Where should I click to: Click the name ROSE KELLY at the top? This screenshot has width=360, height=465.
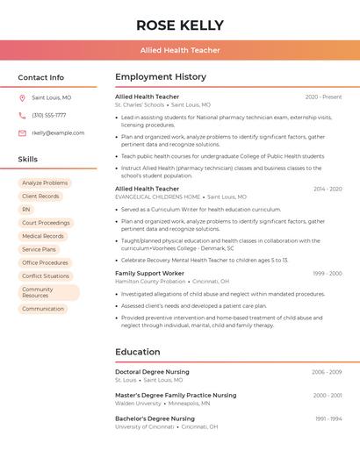click(180, 25)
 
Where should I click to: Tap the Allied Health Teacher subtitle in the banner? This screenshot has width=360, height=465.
click(180, 50)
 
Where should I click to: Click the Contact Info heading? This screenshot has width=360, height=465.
click(41, 77)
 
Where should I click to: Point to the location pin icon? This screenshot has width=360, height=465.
click(22, 98)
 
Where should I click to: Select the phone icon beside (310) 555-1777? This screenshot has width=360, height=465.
click(22, 116)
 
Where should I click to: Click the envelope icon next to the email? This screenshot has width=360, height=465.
click(22, 133)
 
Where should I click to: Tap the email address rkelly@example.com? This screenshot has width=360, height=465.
click(58, 133)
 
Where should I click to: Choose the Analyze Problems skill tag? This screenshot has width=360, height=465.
click(45, 183)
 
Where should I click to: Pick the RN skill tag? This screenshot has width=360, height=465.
click(26, 210)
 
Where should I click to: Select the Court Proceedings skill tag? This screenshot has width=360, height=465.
click(46, 223)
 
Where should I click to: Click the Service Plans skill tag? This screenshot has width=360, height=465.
click(39, 249)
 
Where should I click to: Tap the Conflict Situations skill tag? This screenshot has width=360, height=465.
click(46, 275)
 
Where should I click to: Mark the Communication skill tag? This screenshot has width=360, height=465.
click(43, 309)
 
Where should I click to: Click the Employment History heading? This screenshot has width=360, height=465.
click(161, 77)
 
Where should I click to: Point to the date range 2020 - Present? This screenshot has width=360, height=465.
click(323, 97)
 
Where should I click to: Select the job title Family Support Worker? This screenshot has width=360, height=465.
click(149, 274)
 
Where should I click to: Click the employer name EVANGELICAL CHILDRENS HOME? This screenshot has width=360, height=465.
click(157, 197)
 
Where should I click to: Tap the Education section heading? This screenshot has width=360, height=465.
click(138, 352)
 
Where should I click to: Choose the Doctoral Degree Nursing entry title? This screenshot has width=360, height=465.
click(152, 372)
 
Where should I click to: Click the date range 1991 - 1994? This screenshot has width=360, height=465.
click(328, 419)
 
